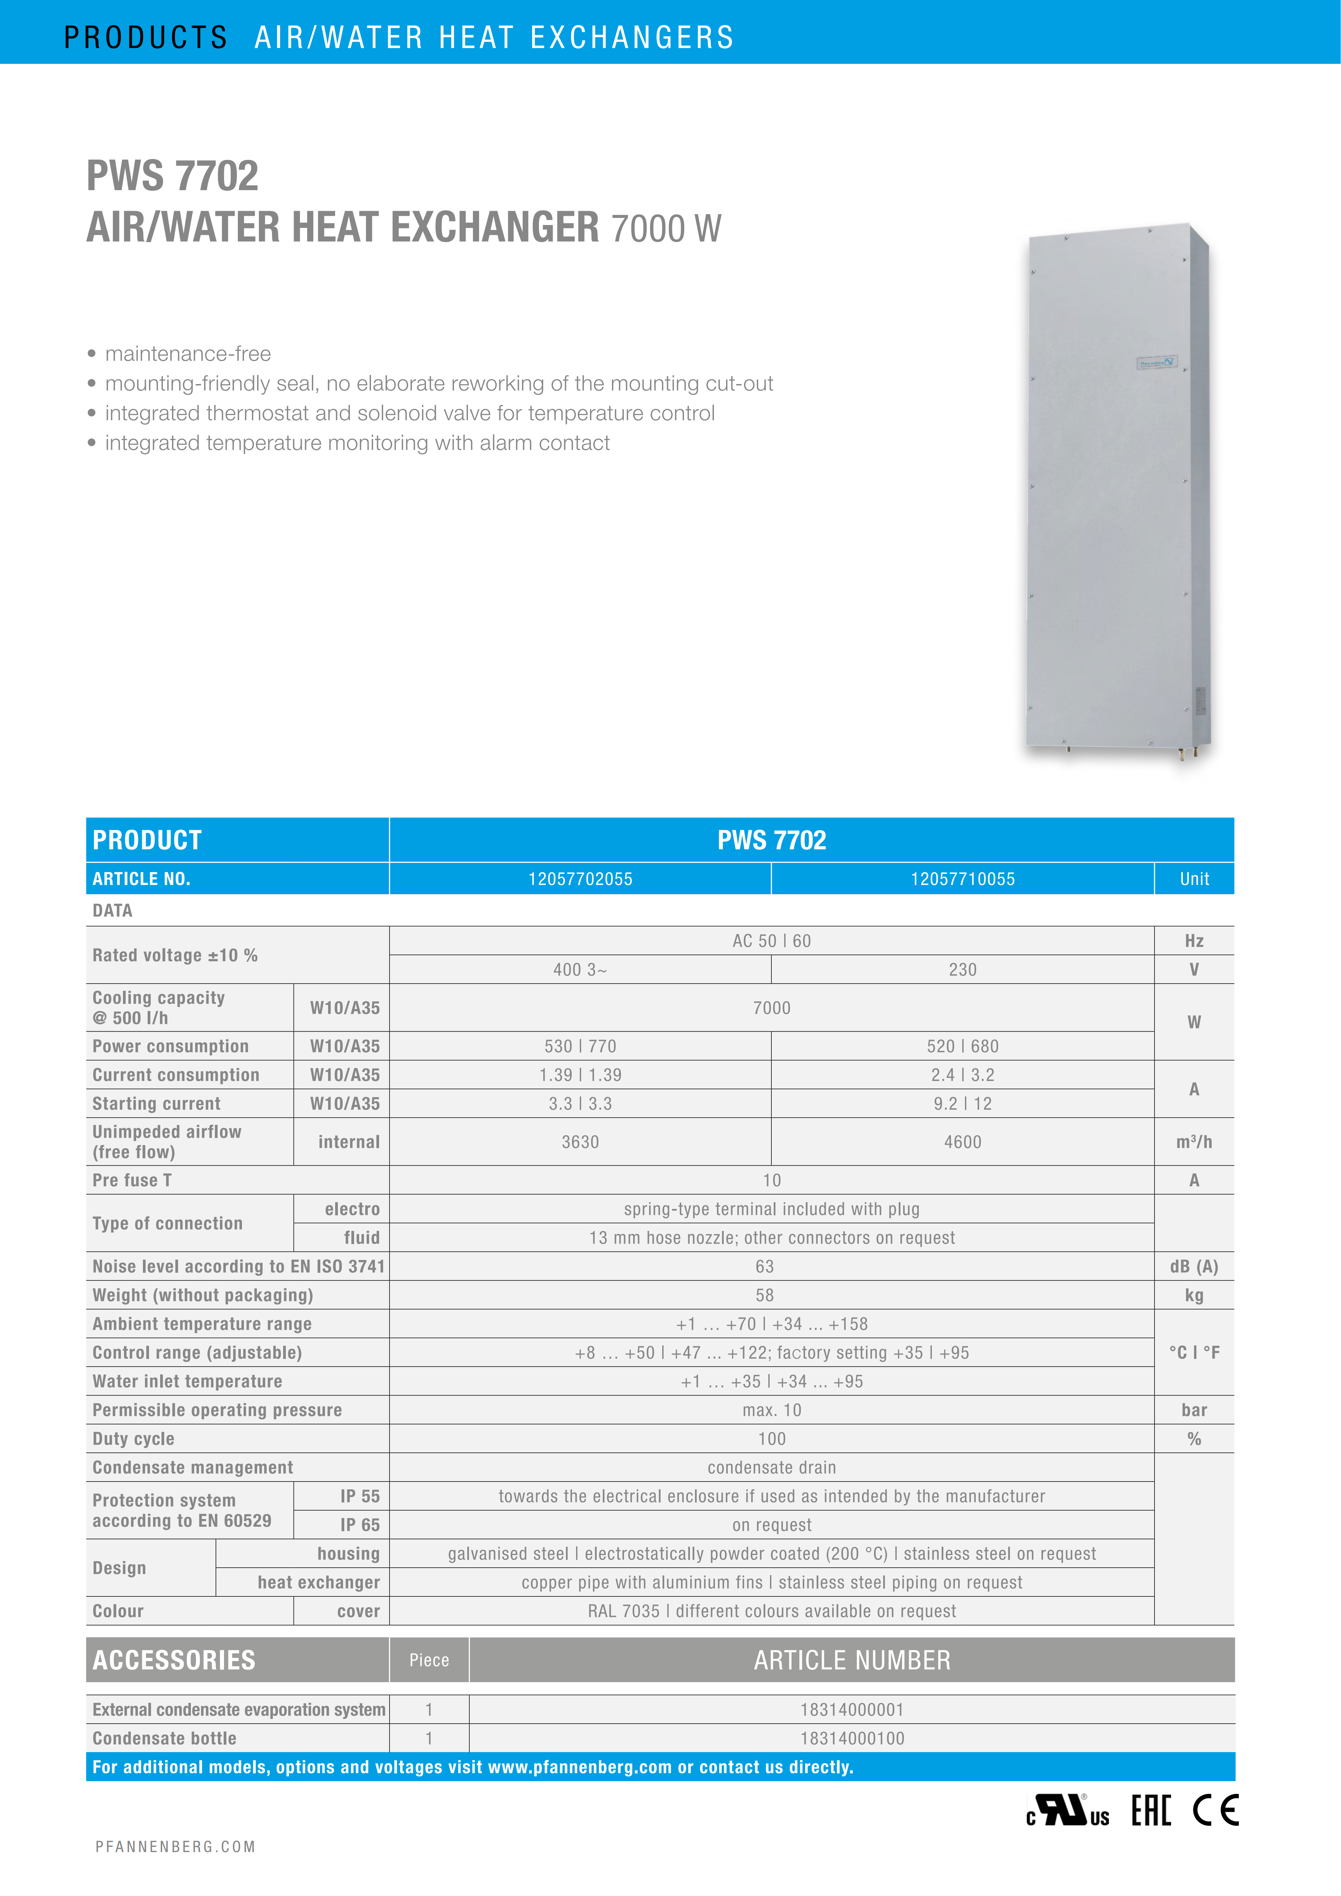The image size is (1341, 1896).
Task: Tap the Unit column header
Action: (1194, 879)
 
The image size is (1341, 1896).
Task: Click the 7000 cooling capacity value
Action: (771, 1008)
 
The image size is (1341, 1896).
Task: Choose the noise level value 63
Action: (765, 1266)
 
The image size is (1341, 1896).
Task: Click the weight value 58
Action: (765, 1295)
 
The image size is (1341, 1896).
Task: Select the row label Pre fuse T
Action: (132, 1180)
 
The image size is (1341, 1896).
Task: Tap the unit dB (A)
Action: (1194, 1266)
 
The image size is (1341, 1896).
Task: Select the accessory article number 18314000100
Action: (852, 1738)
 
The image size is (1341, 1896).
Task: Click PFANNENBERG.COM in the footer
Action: (175, 1846)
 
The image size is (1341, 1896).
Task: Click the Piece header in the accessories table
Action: (429, 1660)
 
